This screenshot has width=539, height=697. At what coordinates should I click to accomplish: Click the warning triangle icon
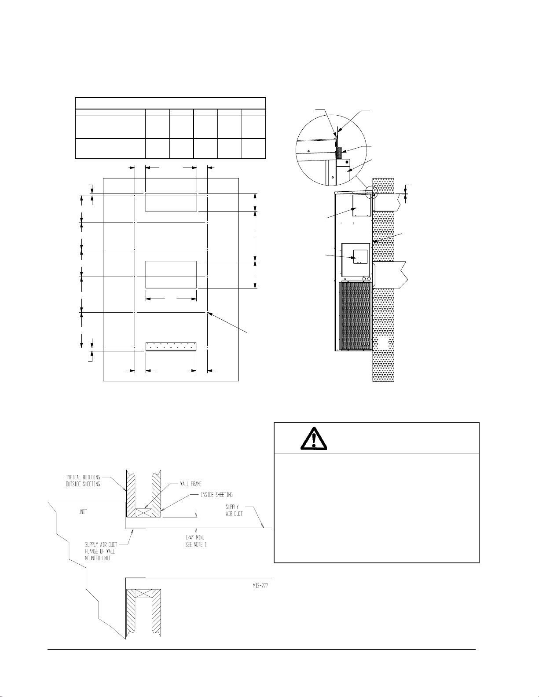313,438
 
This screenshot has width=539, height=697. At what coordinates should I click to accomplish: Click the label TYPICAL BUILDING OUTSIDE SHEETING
83,481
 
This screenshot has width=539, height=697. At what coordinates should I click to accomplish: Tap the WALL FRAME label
191,484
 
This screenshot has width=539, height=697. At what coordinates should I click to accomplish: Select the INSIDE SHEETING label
216,495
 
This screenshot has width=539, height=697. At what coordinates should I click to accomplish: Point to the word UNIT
83,511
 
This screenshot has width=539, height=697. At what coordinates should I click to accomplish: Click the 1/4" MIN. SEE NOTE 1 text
196,540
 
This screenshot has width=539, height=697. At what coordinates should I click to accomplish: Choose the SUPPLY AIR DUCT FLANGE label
100,551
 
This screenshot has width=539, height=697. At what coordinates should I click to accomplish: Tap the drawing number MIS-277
260,585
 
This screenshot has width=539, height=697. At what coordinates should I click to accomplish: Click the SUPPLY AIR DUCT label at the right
234,510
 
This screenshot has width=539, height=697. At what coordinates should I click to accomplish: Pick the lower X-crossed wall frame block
143,594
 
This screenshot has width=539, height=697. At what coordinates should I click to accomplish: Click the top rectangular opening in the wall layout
171,202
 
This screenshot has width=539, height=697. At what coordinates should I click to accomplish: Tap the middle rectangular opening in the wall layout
171,274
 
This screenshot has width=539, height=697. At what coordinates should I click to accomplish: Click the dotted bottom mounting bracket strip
171,347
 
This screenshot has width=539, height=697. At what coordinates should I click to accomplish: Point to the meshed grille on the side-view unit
356,316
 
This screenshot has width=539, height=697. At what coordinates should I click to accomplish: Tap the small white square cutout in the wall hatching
383,344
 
